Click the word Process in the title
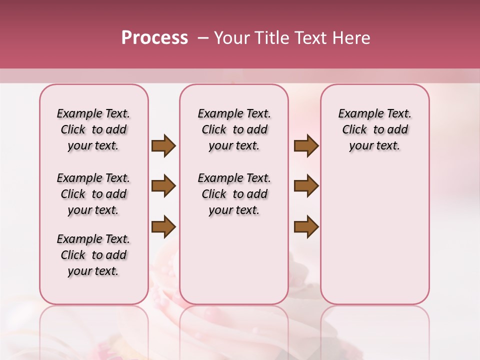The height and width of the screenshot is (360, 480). [x=154, y=38]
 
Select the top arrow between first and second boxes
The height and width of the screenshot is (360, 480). [x=163, y=145]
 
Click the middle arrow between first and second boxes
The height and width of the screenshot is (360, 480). [x=163, y=186]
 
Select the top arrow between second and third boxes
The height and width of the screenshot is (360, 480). [x=306, y=145]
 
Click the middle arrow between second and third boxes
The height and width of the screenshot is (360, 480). [x=306, y=186]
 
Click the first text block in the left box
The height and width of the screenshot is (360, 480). [x=93, y=129]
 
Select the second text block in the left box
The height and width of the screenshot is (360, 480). [x=93, y=194]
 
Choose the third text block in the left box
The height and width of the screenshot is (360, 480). [x=93, y=255]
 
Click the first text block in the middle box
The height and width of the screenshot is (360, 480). [x=234, y=129]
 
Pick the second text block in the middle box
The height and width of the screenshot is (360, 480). [x=234, y=194]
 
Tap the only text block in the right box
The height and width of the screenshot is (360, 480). [x=374, y=129]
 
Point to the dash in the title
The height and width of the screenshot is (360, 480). [x=202, y=38]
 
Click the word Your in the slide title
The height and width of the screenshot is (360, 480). [x=232, y=38]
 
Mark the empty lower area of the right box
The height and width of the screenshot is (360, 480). [x=374, y=235]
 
